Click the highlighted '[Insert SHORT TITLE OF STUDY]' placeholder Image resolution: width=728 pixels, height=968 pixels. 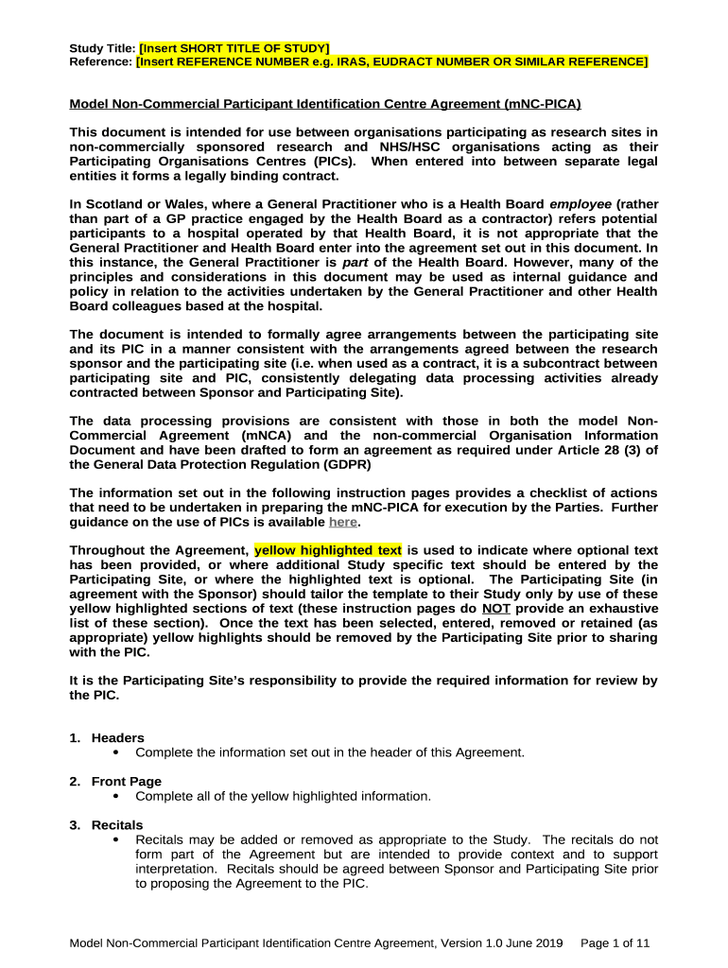click(234, 48)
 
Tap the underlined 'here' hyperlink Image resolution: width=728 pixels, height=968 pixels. click(342, 522)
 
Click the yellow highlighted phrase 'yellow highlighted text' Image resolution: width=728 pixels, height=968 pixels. click(328, 550)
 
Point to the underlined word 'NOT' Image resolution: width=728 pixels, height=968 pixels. click(496, 609)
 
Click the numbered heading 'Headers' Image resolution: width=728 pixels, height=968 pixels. click(118, 738)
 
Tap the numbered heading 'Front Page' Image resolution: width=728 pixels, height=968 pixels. click(127, 782)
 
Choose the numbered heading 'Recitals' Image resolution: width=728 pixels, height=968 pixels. click(117, 825)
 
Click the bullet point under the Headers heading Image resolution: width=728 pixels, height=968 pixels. click(115, 752)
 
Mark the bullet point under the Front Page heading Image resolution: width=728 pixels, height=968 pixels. click(115, 796)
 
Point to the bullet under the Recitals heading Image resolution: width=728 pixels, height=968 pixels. click(115, 839)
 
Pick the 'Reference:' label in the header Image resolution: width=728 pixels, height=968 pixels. click(101, 61)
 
